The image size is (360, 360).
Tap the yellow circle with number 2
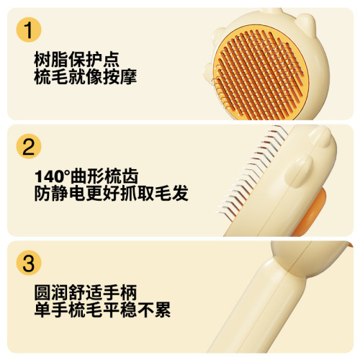click(28, 147)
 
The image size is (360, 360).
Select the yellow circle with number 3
click(28, 263)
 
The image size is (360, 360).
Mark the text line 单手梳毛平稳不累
click(102, 311)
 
